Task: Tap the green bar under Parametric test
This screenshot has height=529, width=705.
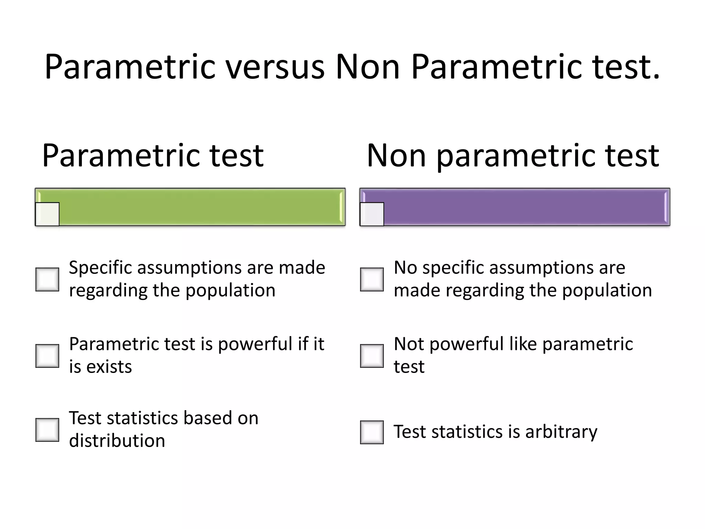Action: coord(200,207)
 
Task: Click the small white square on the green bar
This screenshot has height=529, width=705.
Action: coord(48,214)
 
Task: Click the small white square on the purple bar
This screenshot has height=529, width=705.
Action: coord(372,214)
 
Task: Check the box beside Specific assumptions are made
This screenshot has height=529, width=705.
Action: coord(48,279)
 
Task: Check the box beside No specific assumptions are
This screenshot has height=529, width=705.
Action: coord(372,279)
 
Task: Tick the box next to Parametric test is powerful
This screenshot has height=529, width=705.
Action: coord(48,356)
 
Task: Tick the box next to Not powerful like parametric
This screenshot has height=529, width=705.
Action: coord(372,356)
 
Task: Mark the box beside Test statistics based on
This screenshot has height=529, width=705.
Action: coord(48,430)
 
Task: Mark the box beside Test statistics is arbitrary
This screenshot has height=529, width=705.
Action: coord(372,432)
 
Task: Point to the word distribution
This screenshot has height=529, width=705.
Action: coord(117,441)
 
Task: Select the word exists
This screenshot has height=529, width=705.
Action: coord(109,367)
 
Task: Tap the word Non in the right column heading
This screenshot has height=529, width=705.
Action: coord(397,156)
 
